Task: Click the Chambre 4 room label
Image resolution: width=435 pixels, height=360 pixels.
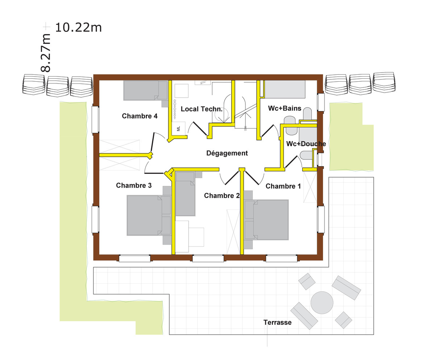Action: pyautogui.click(x=140, y=116)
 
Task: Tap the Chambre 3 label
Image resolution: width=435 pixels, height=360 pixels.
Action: pyautogui.click(x=134, y=185)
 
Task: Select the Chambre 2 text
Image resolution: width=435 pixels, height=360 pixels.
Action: pyautogui.click(x=221, y=196)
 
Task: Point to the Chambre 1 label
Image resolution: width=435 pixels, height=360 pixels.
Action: pyautogui.click(x=283, y=186)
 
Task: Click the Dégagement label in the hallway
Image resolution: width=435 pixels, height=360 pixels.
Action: pyautogui.click(x=227, y=153)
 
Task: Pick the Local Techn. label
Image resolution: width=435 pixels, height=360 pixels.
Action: pyautogui.click(x=202, y=109)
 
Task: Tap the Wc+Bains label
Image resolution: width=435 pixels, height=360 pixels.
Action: pyautogui.click(x=285, y=108)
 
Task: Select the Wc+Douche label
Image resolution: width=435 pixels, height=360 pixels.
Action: pyautogui.click(x=306, y=144)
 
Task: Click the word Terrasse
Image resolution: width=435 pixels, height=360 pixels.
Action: pyautogui.click(x=278, y=323)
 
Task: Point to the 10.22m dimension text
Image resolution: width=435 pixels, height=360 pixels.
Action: pyautogui.click(x=78, y=28)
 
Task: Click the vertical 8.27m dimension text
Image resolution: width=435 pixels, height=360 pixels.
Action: pyautogui.click(x=45, y=53)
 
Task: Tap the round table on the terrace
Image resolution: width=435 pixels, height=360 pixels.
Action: pyautogui.click(x=322, y=303)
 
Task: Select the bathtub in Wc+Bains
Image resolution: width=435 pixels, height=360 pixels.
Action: pyautogui.click(x=285, y=89)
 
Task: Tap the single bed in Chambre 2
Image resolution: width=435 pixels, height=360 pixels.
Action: pyautogui.click(x=185, y=194)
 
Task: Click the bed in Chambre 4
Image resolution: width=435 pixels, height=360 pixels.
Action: pyautogui.click(x=146, y=90)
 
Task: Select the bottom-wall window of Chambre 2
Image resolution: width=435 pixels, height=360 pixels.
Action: pyautogui.click(x=208, y=259)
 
